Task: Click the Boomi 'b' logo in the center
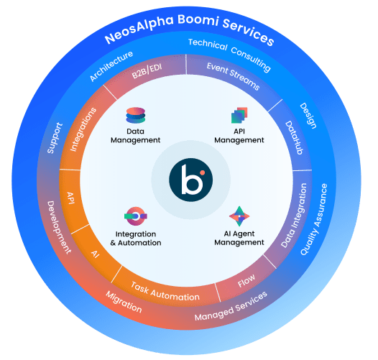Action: click(x=190, y=180)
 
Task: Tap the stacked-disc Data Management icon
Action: click(x=136, y=115)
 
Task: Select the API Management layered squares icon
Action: click(x=239, y=115)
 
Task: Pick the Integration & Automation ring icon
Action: click(x=136, y=216)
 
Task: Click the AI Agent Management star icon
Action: click(x=239, y=216)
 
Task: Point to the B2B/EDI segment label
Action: click(x=147, y=71)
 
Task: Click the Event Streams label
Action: click(x=233, y=76)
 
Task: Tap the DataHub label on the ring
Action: click(x=294, y=137)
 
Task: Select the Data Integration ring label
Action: click(x=294, y=216)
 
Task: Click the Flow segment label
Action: click(x=246, y=281)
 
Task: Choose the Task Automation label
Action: click(x=165, y=292)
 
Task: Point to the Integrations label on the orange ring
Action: click(x=83, y=129)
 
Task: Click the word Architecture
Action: click(x=111, y=66)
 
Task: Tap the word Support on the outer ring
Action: click(x=55, y=138)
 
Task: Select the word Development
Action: click(x=60, y=227)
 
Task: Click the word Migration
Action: click(x=124, y=302)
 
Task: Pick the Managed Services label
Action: click(x=231, y=306)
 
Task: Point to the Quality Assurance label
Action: click(x=314, y=219)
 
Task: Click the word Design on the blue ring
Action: click(x=308, y=116)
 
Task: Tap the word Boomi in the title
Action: click(x=198, y=21)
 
